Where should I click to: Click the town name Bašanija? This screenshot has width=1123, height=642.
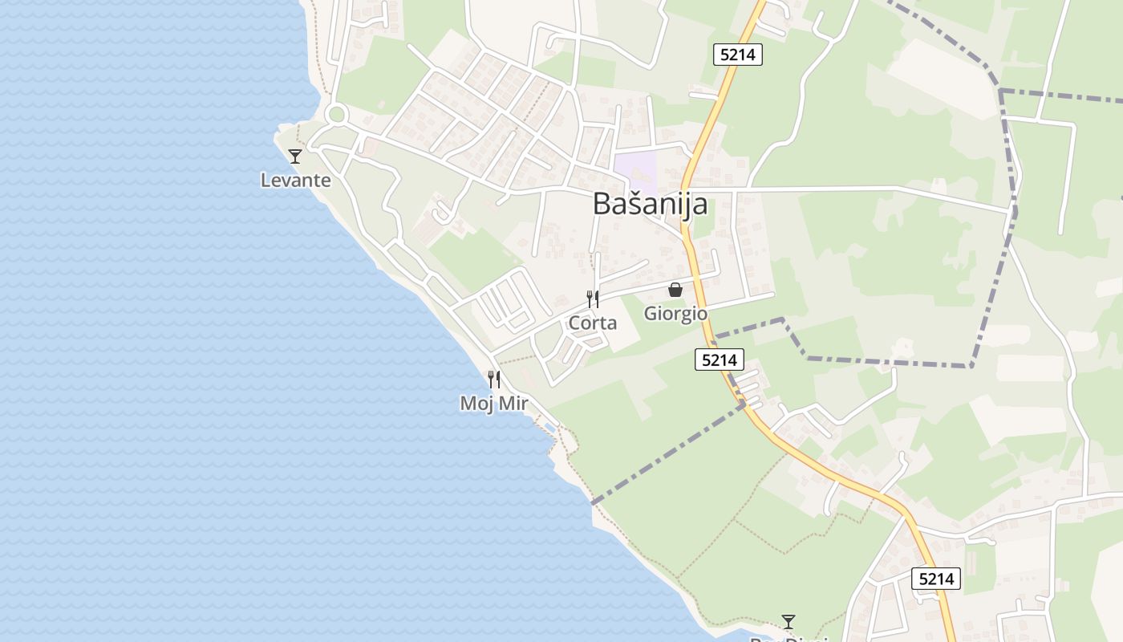pos(650,204)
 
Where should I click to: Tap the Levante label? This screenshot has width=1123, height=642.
pos(295,180)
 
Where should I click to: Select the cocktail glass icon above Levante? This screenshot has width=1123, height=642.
pos(295,156)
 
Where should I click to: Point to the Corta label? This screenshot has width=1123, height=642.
pos(592,323)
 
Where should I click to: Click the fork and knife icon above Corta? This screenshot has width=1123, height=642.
pos(592,299)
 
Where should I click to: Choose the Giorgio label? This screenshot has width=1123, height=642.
pos(675,313)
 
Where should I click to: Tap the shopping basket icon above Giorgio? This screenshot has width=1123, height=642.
pos(675,290)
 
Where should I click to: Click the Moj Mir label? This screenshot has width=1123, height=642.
pos(493,403)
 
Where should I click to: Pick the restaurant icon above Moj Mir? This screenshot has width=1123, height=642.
pos(493,379)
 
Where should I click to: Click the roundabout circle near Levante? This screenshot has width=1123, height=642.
pos(336,114)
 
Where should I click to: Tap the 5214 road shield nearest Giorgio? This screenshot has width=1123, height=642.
pos(719,360)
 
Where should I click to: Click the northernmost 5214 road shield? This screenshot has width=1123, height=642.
pos(737,55)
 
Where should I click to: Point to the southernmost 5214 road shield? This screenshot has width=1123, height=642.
pos(935,578)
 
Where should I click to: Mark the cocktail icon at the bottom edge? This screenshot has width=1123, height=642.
pos(789,621)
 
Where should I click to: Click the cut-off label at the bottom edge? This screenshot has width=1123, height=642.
pos(789,639)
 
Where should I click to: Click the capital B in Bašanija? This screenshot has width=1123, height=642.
pos(602,204)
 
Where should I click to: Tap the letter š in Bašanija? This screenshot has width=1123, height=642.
pos(633,204)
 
